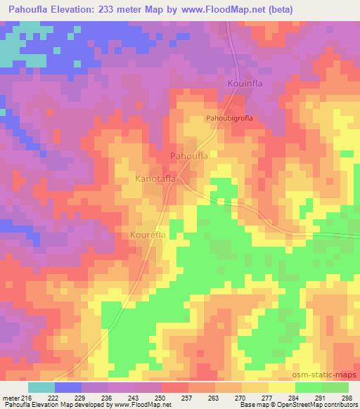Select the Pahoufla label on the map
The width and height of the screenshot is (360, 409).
click(x=188, y=156)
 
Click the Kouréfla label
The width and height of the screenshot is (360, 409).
click(x=148, y=235)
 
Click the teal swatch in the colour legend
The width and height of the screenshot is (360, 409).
click(x=41, y=387)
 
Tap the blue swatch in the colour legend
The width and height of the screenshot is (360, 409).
click(x=67, y=387)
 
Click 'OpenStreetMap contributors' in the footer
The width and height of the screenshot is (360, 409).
click(x=319, y=405)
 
